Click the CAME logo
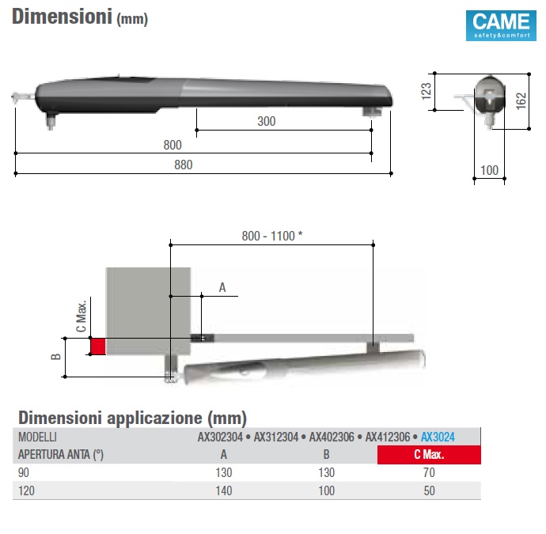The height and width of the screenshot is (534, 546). click(x=501, y=25)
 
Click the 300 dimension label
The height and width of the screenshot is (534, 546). click(x=267, y=122)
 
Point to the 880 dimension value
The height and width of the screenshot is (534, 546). click(x=183, y=165)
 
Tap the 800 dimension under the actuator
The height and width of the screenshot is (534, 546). click(x=173, y=145)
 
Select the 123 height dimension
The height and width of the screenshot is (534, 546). click(x=427, y=91)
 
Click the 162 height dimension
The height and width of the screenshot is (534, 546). click(x=521, y=101)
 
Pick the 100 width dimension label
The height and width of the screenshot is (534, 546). click(x=489, y=171)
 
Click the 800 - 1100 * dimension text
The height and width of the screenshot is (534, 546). click(x=272, y=236)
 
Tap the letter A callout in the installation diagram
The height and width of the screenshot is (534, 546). click(x=222, y=287)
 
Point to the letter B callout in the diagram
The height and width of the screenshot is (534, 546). click(x=55, y=357)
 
